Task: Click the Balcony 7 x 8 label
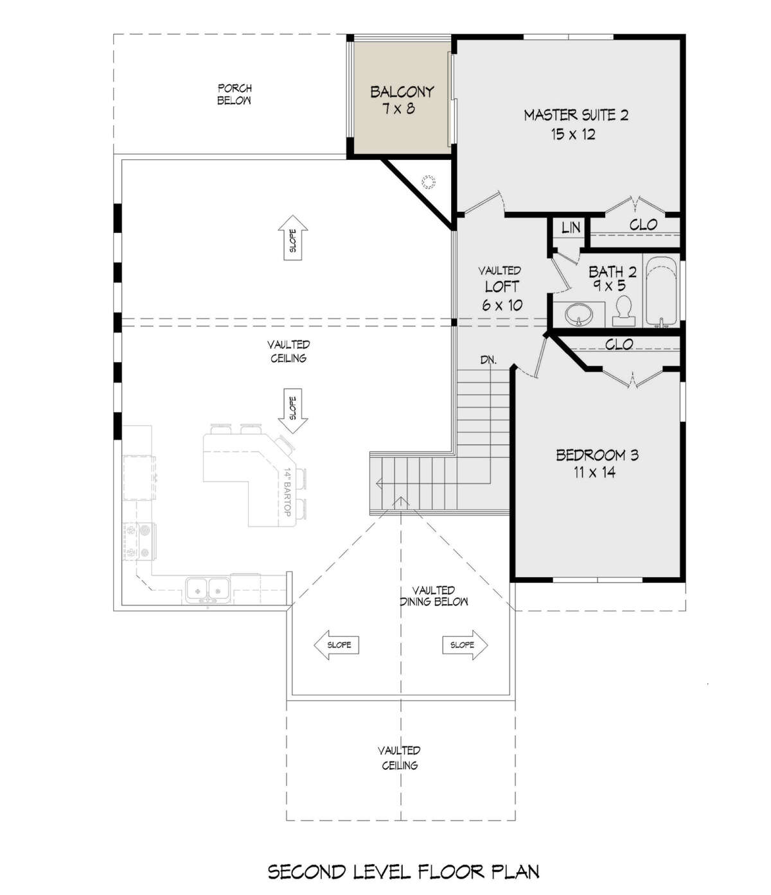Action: coord(402,100)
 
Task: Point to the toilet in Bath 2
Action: coord(624,310)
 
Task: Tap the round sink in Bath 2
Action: coord(579,313)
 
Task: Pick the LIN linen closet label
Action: coord(571,228)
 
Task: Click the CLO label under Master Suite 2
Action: coord(643,224)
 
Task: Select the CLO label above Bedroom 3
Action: coord(619,344)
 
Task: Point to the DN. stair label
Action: coord(488,360)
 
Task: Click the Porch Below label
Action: coord(234,94)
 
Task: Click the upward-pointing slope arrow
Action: coord(293,238)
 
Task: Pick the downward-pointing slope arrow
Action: coord(293,411)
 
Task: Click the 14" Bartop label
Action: coord(287,492)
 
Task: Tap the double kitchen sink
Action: coord(208,590)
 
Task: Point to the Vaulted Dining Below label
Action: coord(434,596)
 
